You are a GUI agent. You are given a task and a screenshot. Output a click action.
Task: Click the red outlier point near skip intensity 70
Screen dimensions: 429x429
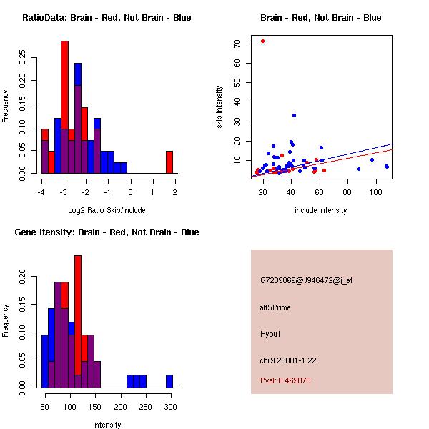pos(263,41)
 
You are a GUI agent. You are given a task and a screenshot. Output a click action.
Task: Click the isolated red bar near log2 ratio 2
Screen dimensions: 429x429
pos(169,162)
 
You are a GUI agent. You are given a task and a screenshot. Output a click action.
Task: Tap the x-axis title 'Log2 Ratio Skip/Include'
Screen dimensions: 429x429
pos(107,210)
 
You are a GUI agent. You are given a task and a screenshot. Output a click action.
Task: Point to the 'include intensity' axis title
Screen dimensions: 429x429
pos(321,210)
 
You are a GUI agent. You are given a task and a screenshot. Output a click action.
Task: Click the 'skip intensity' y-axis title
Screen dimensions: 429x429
pos(220,107)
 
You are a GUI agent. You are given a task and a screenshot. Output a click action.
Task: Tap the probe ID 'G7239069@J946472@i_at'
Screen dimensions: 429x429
pos(306,280)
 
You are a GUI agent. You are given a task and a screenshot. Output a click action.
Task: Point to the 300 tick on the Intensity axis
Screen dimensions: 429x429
pos(170,406)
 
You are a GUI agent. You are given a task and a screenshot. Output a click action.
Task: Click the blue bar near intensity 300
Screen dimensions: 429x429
pos(169,381)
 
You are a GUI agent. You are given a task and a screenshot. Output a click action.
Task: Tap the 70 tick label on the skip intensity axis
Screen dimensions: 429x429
pos(237,44)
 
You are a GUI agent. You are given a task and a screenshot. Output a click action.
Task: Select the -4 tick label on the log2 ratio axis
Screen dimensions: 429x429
pos(41,192)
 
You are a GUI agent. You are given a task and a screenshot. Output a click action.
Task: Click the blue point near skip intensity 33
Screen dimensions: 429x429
pos(294,115)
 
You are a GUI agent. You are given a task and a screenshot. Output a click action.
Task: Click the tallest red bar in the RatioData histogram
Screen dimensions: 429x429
pos(64,107)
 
